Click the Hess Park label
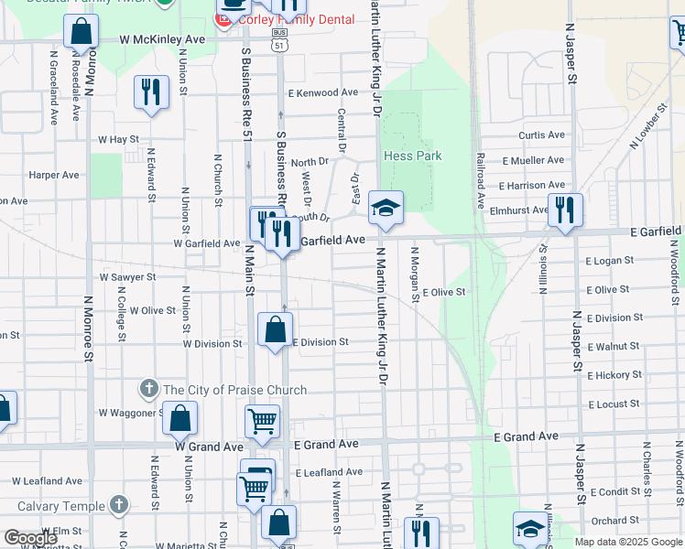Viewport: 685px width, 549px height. tap(412, 156)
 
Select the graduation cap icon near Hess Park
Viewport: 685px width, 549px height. tap(386, 209)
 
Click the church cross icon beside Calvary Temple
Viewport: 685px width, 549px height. tap(118, 504)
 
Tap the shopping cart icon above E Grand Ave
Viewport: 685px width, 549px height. tap(262, 421)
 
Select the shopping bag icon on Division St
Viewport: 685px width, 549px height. tap(275, 330)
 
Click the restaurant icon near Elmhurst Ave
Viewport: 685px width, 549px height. tap(565, 210)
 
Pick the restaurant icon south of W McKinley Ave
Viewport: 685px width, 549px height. tap(151, 91)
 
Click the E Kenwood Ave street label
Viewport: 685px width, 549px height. tap(322, 92)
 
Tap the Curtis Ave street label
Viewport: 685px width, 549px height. tap(542, 135)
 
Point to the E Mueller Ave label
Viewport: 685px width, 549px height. tap(533, 159)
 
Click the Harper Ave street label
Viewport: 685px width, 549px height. tap(54, 174)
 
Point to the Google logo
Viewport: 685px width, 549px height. tap(30, 537)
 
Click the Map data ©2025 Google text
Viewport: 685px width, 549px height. tap(628, 542)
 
